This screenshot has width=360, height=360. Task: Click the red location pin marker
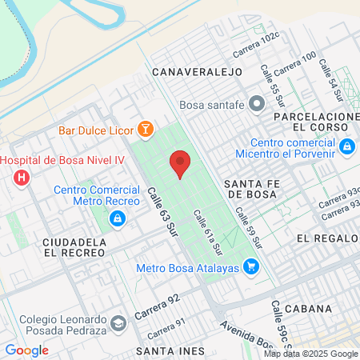(x=180, y=163)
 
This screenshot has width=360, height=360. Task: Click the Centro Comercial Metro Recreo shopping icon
(x=118, y=218)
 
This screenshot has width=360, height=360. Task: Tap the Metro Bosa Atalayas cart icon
(x=251, y=266)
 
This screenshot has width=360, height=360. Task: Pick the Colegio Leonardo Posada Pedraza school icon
(x=118, y=323)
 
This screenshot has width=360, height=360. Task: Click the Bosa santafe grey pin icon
(x=256, y=103)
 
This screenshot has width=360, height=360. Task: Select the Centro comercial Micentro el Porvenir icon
(x=346, y=146)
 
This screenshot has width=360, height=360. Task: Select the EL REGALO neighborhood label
(x=326, y=238)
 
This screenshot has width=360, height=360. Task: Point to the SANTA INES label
(x=170, y=351)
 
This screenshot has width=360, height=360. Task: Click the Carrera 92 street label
(x=157, y=305)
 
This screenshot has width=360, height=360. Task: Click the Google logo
(x=26, y=350)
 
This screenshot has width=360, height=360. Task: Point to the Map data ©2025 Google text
(x=311, y=354)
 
